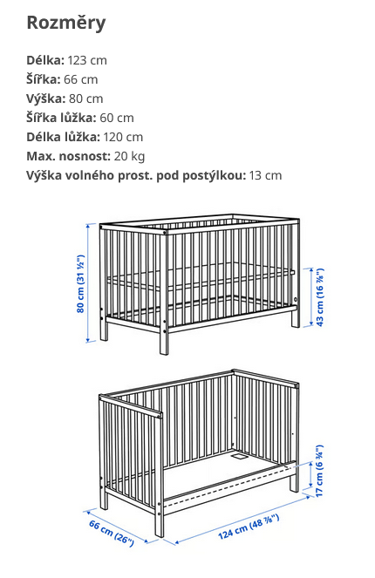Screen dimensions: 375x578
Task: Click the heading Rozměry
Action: tap(66, 23)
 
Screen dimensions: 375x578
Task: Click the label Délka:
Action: tap(45, 60)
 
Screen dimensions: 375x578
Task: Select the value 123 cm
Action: tap(87, 60)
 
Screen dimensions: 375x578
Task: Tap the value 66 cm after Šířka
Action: tap(81, 79)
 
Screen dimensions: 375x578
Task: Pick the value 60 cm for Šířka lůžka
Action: tap(117, 118)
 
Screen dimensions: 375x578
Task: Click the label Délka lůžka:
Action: tap(69, 137)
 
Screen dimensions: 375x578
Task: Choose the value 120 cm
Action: tap(123, 137)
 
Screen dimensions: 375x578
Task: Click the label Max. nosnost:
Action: tap(68, 156)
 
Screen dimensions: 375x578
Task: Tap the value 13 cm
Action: tap(266, 175)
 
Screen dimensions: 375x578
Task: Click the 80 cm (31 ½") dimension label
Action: tap(79, 283)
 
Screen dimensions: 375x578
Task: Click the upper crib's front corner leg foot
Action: tap(164, 349)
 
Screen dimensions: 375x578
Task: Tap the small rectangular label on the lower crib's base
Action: tap(235, 454)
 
